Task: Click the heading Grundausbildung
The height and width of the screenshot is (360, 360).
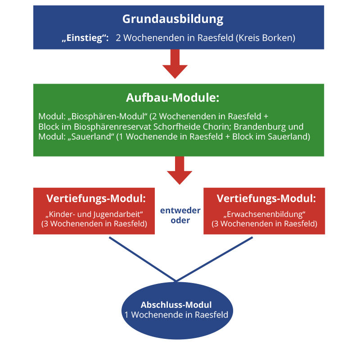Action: (x=173, y=19)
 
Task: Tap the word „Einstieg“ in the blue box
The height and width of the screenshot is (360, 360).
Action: (x=85, y=38)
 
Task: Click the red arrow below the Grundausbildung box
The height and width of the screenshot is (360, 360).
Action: (x=175, y=64)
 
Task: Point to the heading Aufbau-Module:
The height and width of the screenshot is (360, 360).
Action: (x=172, y=98)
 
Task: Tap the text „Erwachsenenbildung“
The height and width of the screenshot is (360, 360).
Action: (x=265, y=213)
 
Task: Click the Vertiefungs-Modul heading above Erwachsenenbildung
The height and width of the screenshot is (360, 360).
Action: (x=266, y=198)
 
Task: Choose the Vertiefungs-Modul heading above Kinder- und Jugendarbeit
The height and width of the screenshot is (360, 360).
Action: (x=96, y=198)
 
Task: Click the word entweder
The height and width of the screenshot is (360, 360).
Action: (x=180, y=211)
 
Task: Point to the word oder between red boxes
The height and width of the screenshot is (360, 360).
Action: (x=180, y=220)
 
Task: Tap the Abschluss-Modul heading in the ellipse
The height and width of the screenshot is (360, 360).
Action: (x=176, y=305)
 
